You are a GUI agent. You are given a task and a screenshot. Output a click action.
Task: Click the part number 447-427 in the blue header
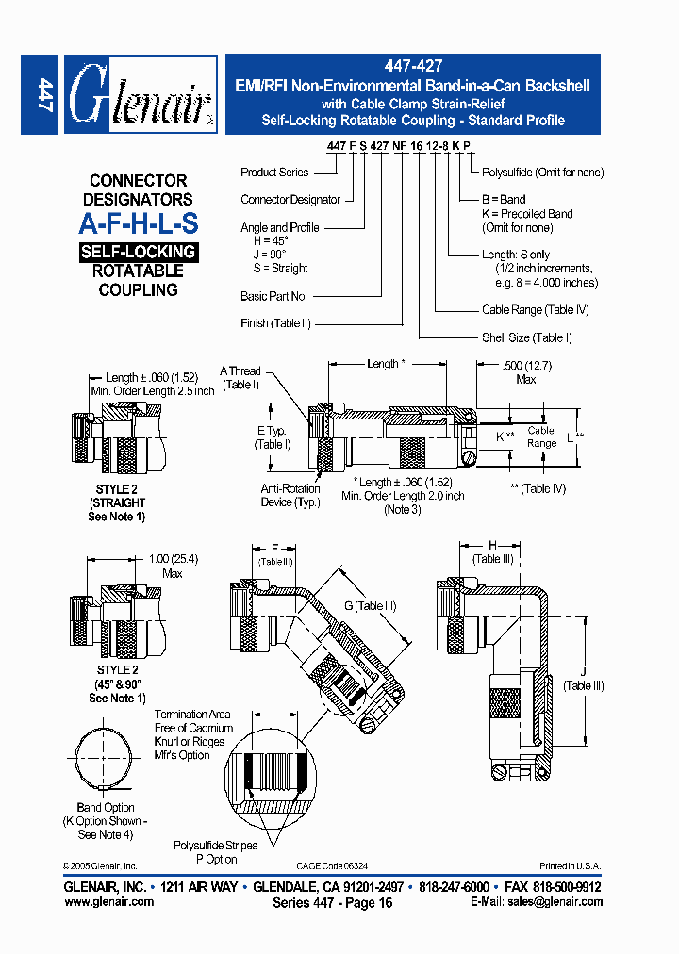pos(412,68)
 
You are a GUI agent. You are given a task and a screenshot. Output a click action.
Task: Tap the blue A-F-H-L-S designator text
pos(139,225)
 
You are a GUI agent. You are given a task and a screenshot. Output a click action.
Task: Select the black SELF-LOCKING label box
pos(139,252)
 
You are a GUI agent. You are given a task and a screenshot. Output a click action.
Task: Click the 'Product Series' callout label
pos(273,173)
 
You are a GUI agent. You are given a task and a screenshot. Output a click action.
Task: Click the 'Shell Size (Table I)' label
pos(527,337)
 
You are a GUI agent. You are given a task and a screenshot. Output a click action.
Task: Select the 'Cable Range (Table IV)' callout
pos(535,310)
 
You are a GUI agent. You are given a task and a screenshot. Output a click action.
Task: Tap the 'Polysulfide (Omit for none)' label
pos(542,173)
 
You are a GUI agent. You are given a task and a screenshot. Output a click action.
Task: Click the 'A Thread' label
pos(240,371)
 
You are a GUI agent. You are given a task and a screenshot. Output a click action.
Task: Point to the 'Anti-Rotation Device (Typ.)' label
pos(290,496)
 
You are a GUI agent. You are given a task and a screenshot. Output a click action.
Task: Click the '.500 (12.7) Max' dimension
pos(525,372)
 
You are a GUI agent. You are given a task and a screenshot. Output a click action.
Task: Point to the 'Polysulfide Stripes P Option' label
pos(215,852)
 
